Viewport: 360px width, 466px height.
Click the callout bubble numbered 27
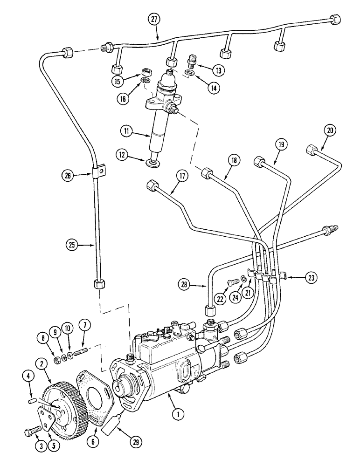point(154,19)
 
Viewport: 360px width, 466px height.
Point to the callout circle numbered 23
point(312,277)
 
